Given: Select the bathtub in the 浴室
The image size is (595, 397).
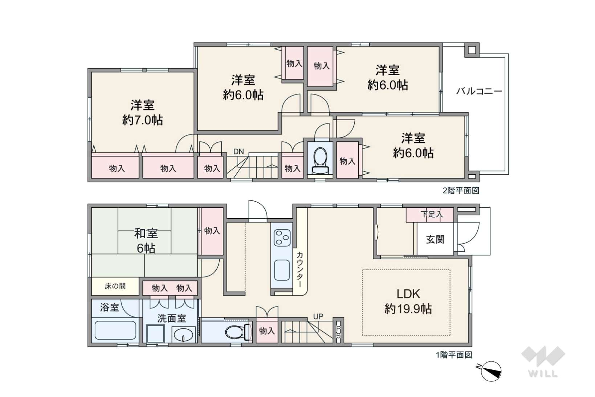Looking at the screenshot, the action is (115, 330).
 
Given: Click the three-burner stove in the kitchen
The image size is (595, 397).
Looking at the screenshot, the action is (282, 238).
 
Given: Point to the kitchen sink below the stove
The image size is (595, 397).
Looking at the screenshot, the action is (282, 270).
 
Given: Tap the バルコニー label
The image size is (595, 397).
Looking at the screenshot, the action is (479, 92).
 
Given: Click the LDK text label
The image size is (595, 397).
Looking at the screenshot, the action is (408, 294).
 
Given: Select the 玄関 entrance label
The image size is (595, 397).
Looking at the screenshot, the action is (435, 239).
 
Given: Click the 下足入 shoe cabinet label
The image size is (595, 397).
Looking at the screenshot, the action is (432, 214).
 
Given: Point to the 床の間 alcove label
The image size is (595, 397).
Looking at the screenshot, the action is (115, 286).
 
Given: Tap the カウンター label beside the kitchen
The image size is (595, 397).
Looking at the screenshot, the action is (299, 270).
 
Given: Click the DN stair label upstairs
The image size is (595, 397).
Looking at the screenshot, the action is (239, 152).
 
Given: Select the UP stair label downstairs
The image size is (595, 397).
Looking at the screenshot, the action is (318, 316).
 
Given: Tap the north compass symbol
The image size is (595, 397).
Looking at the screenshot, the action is (490, 371).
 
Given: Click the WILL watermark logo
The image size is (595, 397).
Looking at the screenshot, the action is (543, 362).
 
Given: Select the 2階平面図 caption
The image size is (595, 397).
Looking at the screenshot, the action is (461, 191).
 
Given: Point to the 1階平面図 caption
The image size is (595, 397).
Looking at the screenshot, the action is (454, 355).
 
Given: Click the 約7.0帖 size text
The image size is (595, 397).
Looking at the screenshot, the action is (143, 120).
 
